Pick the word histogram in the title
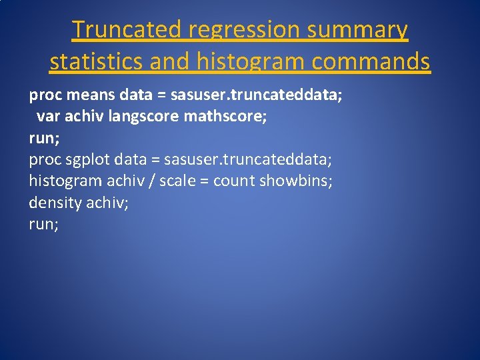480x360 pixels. click(245, 63)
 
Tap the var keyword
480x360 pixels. click(47, 117)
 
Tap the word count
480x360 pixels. click(233, 181)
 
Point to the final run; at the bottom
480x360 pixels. click(44, 225)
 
